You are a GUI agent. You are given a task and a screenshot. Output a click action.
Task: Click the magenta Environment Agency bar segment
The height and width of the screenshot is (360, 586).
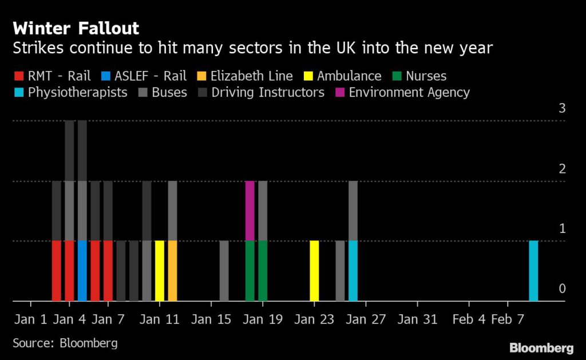pyautogui.click(x=250, y=211)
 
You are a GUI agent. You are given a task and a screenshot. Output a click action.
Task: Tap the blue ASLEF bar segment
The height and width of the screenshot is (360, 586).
pyautogui.click(x=82, y=270)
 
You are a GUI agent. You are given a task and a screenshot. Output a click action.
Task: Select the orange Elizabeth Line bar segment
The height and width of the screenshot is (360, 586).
pyautogui.click(x=172, y=270)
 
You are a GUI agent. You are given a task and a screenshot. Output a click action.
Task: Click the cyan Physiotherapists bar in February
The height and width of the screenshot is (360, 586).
pyautogui.click(x=533, y=270)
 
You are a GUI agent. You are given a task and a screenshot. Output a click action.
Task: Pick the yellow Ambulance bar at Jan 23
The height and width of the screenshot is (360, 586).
pyautogui.click(x=314, y=270)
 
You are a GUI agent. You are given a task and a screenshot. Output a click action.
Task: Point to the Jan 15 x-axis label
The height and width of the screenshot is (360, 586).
pyautogui.click(x=211, y=318)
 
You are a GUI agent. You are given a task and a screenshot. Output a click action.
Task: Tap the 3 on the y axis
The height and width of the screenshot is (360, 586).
pyautogui.click(x=562, y=108)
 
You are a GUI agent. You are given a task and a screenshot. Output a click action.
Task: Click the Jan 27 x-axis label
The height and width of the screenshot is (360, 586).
pyautogui.click(x=366, y=318)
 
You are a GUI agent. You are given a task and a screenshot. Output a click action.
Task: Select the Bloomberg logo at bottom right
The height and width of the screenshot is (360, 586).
pyautogui.click(x=541, y=348)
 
